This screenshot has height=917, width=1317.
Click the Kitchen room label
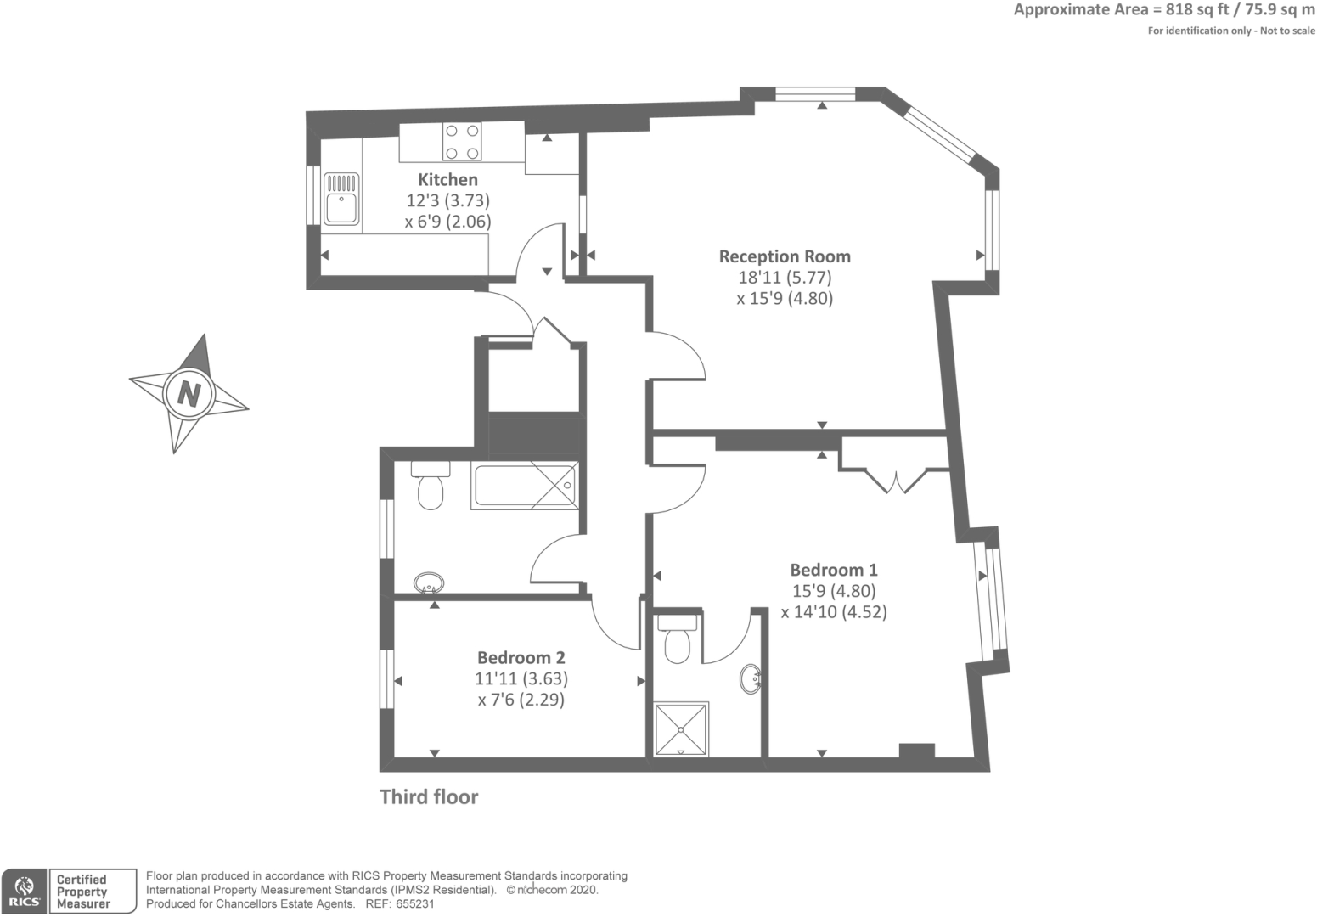447,179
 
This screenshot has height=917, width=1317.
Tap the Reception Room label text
785,256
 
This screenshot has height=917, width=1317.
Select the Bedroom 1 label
834,570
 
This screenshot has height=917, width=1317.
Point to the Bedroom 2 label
521,657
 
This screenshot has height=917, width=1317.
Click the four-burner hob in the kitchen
462,142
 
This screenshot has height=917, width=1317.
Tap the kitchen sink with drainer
341,198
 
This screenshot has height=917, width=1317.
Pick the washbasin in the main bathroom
429,583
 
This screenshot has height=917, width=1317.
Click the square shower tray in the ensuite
681,729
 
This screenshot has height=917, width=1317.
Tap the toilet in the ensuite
678,639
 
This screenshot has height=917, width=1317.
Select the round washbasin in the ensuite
751,679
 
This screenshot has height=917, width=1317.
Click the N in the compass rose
189,393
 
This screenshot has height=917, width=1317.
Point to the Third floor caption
429,797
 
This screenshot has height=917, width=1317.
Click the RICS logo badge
25,892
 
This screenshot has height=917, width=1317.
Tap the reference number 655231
415,904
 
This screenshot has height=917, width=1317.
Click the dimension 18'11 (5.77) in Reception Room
785,278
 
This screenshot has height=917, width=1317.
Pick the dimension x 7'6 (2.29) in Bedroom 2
521,700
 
